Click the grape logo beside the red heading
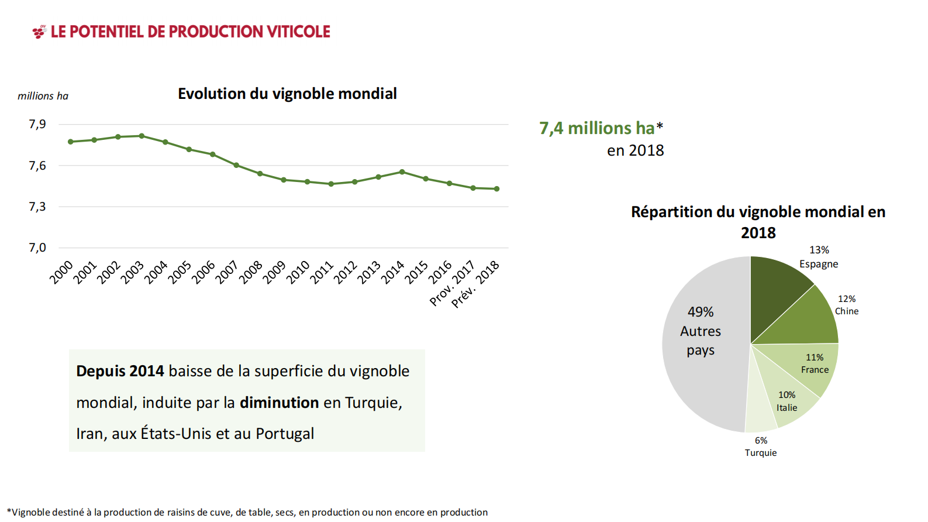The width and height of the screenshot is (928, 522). click(x=39, y=32)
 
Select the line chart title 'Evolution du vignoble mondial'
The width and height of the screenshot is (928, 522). click(x=287, y=94)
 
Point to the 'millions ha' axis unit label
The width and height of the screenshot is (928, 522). click(x=43, y=96)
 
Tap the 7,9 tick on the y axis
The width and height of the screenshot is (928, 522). click(x=37, y=124)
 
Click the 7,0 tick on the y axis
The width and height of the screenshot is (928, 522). click(x=37, y=248)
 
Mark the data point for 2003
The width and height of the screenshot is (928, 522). click(x=142, y=136)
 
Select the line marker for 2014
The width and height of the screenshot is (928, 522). click(x=402, y=171)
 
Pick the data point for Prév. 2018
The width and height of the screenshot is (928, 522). click(x=497, y=189)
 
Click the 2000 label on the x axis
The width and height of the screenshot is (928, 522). click(x=61, y=272)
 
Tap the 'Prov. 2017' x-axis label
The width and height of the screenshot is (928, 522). click(x=451, y=284)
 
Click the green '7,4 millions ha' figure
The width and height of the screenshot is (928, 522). click(x=597, y=128)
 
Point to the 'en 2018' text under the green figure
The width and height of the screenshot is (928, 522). click(x=635, y=150)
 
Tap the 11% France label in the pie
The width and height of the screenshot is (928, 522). click(x=815, y=363)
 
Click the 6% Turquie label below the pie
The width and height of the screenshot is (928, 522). click(x=761, y=447)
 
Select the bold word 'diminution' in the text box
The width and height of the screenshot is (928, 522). click(x=279, y=403)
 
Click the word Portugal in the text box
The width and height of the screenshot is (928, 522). click(x=285, y=434)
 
